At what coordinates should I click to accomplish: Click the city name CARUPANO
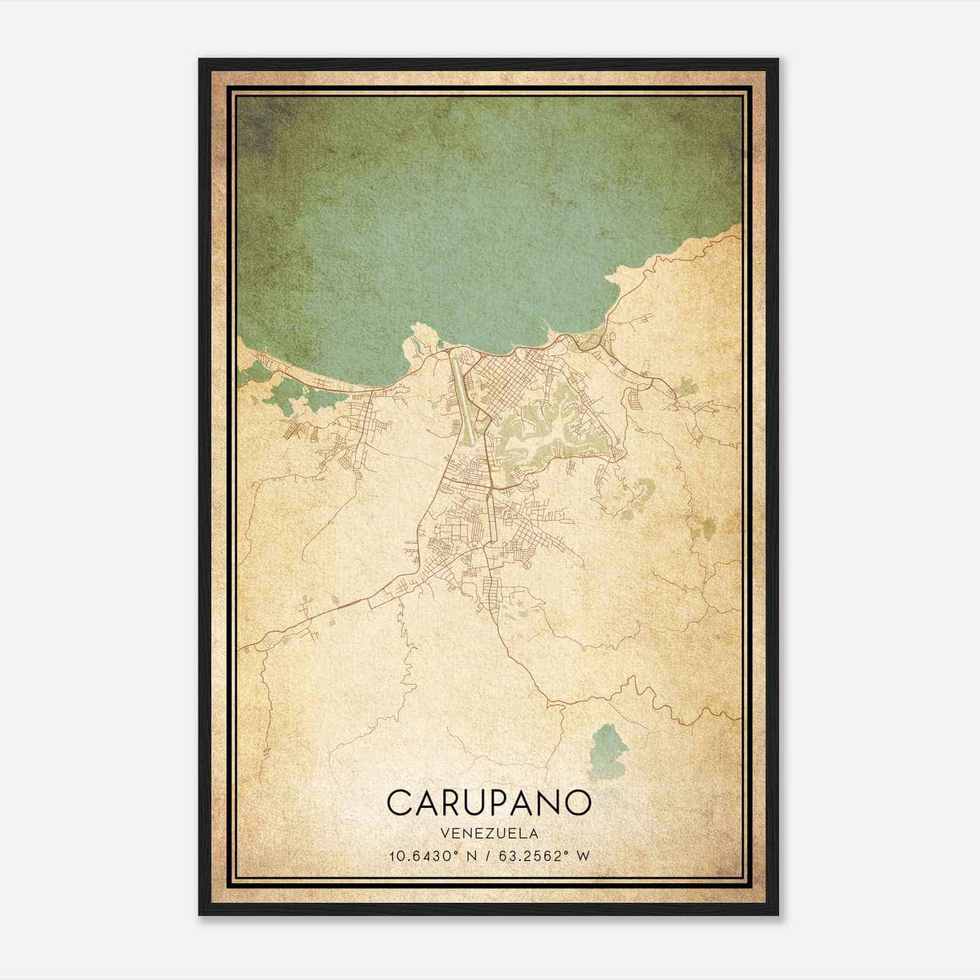pyautogui.click(x=489, y=802)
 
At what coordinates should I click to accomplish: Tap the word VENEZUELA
pyautogui.click(x=489, y=833)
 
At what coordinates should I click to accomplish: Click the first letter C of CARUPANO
pyautogui.click(x=399, y=802)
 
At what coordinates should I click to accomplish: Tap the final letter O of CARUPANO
pyautogui.click(x=579, y=802)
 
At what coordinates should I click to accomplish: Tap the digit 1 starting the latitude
pyautogui.click(x=392, y=856)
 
